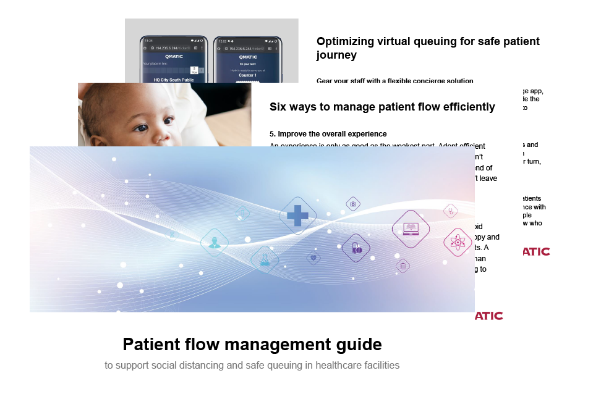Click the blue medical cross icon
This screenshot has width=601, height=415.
click(297, 216)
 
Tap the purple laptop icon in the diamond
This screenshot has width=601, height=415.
click(411, 228)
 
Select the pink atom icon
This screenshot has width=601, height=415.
click(458, 241)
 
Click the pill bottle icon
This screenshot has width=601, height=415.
click(356, 248)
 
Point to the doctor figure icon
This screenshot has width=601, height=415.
click(215, 242)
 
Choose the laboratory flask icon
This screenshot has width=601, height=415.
click(265, 259)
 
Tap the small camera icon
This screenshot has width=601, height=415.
click(353, 204)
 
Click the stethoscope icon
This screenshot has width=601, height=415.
click(451, 211)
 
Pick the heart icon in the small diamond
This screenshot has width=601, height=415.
click(314, 257)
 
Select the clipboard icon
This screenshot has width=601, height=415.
click(403, 266)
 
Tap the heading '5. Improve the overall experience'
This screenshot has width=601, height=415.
click(328, 133)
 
